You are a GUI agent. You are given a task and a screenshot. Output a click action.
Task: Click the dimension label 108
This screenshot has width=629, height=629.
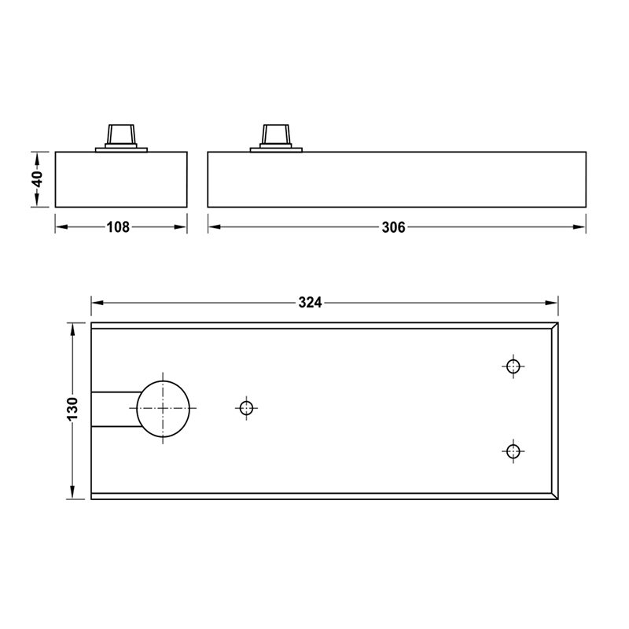coord(118,227)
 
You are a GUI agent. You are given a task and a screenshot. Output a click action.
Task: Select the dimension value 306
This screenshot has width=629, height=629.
coord(393,227)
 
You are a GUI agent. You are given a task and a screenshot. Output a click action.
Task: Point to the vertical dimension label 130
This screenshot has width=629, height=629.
coord(72,409)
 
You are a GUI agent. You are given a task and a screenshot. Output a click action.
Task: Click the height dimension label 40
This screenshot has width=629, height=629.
coord(36,178)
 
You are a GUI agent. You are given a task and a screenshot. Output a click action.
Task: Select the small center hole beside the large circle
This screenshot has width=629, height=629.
coord(246,407)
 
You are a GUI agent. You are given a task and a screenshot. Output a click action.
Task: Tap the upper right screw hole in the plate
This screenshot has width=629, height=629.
coord(513,366)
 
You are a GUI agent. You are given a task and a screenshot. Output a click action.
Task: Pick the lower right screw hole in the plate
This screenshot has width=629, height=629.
coord(513,451)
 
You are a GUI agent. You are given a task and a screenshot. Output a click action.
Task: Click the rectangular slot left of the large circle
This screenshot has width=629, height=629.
coord(114,408)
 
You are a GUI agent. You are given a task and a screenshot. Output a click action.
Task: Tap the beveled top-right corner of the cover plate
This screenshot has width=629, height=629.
coord(555,326)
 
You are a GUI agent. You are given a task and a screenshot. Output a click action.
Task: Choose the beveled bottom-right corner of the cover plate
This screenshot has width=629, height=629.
coord(555,496)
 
